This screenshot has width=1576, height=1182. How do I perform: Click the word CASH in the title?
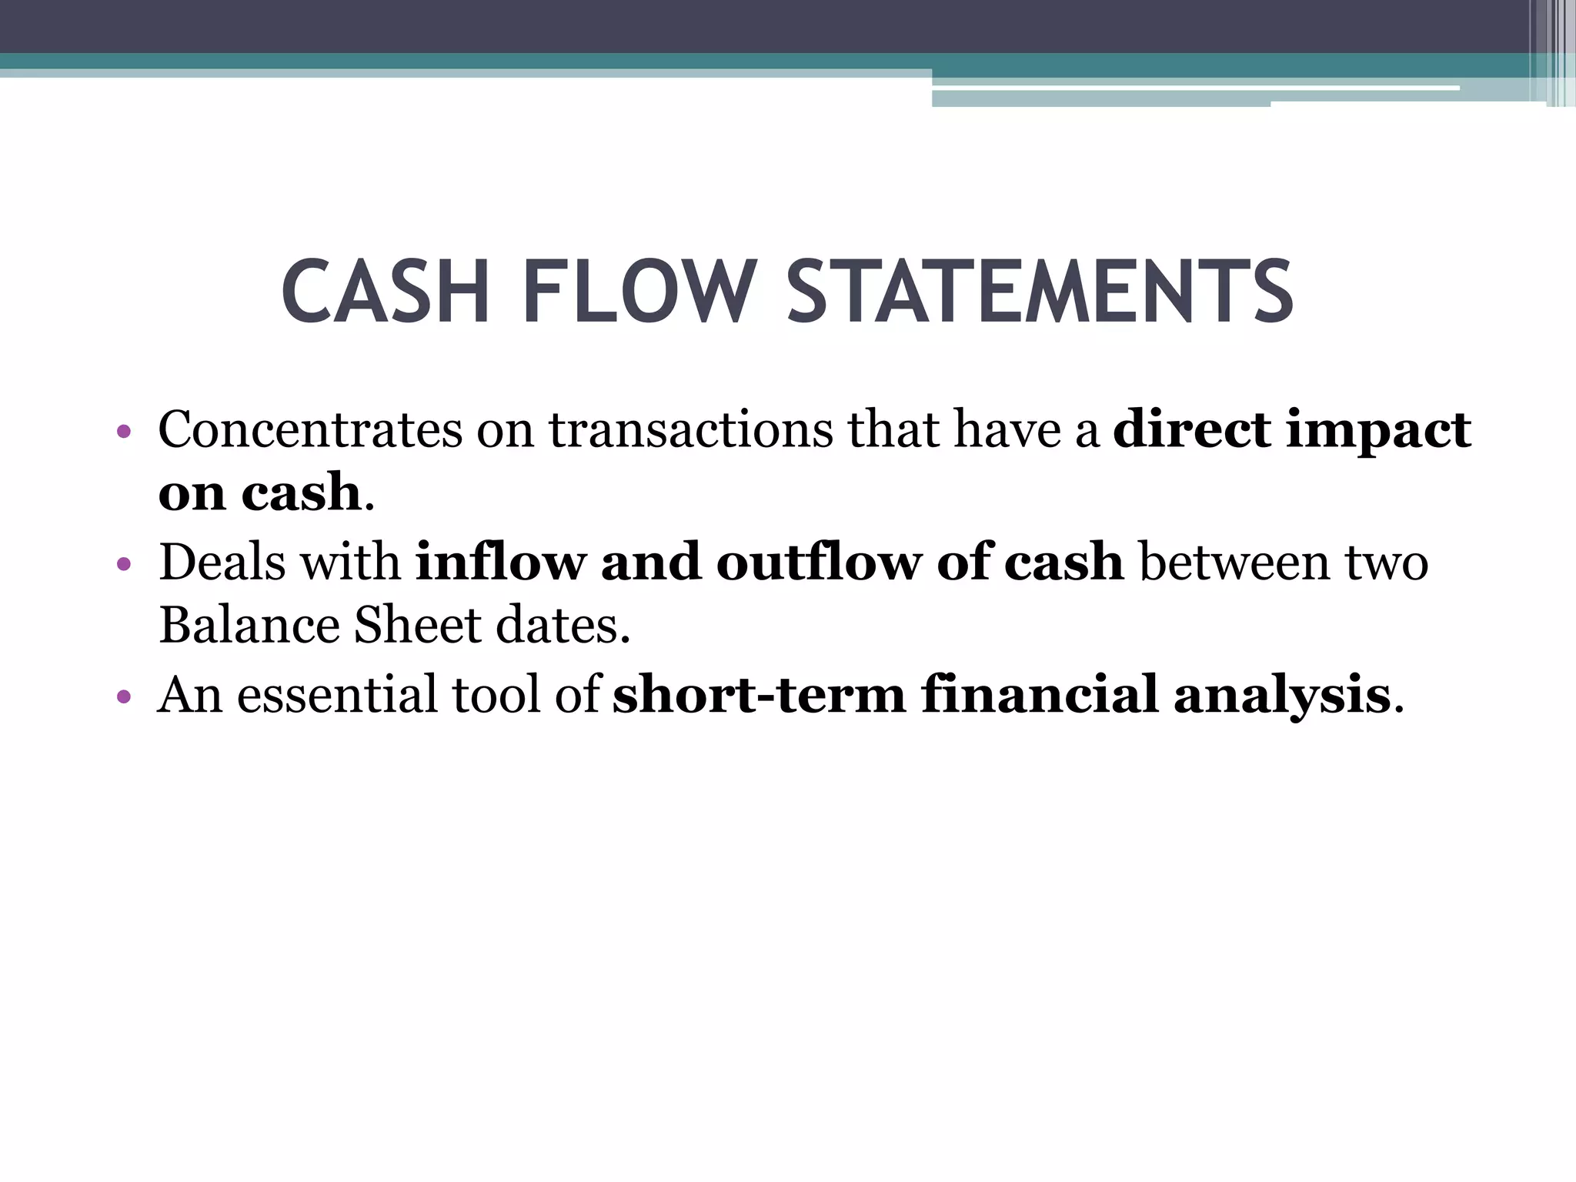coord(385,293)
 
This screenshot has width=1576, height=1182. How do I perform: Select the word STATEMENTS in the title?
coord(1040,293)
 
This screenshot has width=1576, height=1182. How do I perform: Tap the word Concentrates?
coord(309,429)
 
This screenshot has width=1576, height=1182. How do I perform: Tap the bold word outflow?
coord(818,562)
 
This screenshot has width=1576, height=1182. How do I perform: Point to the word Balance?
coord(249,625)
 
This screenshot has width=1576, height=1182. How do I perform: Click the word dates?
coord(563,625)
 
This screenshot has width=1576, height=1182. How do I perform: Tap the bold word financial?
coord(1040,695)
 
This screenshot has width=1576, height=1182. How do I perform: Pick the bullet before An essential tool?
coord(123,698)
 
